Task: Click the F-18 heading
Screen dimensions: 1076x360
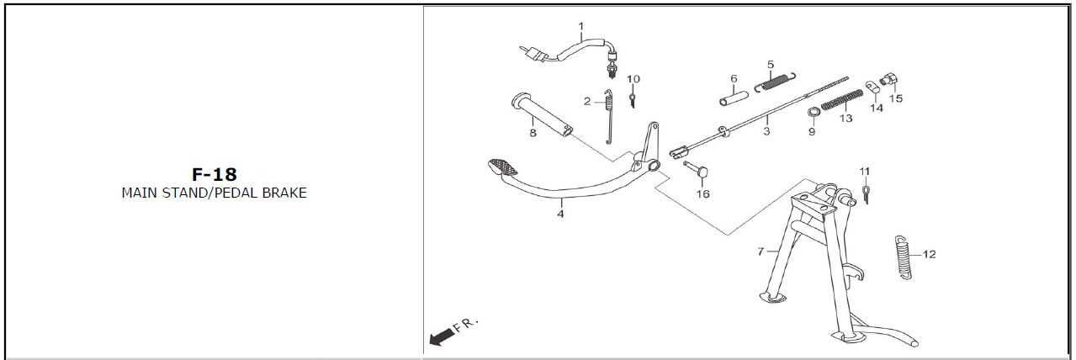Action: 215,174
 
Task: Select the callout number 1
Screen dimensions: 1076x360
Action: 581,26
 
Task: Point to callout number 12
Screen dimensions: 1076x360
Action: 929,254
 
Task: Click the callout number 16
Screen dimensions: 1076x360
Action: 702,194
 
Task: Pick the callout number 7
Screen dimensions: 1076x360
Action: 761,251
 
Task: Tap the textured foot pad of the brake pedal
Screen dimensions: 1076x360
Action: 503,167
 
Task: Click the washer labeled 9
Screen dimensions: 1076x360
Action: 813,113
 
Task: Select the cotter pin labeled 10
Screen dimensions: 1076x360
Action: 633,100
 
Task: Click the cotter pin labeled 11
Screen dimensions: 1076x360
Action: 866,194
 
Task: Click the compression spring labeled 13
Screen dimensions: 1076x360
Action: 841,100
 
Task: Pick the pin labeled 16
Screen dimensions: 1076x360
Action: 697,169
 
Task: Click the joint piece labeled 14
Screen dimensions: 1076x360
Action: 872,87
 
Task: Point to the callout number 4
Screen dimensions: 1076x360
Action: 560,214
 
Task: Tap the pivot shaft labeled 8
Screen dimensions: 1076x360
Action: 542,114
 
